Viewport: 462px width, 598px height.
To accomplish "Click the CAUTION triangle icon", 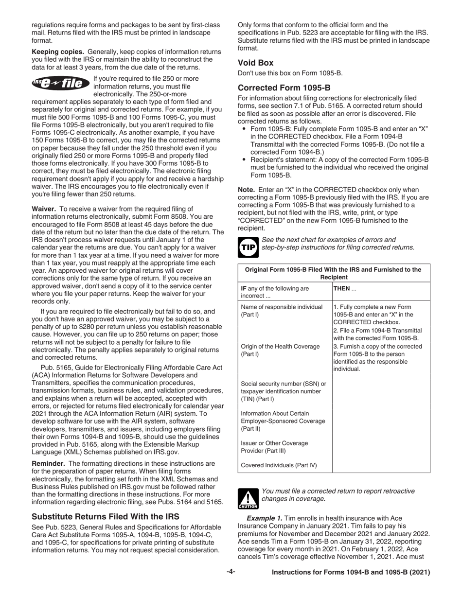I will point(248,498).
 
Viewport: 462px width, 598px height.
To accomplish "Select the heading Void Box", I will point(255,63).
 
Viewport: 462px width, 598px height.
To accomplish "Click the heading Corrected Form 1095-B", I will point(284,88).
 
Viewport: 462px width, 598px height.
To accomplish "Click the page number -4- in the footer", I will point(231,572).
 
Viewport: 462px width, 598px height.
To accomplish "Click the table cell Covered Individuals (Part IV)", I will point(279,465).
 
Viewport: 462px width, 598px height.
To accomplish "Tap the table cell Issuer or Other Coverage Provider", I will point(275,447).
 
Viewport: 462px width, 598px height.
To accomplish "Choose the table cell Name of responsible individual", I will point(282,311).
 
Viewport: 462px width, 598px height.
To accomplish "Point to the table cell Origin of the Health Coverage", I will point(280,350).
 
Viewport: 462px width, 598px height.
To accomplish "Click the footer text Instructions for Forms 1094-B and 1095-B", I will point(351,572).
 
